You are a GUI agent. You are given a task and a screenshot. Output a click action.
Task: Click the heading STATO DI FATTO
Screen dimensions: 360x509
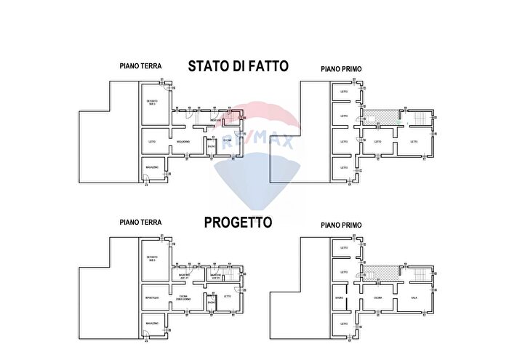[239, 66]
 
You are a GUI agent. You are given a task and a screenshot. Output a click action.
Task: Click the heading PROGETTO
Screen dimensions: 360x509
[238, 222]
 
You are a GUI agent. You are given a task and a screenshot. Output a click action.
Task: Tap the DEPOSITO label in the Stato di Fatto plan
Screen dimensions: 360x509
[152, 102]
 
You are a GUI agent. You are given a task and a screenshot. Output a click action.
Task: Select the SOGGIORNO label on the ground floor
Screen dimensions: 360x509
[183, 141]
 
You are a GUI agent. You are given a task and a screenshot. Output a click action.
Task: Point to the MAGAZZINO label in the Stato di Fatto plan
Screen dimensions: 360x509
[152, 167]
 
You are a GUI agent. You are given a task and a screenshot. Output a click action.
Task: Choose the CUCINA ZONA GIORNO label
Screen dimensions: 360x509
[183, 297]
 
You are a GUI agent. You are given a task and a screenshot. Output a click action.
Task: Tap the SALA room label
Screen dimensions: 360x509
[414, 297]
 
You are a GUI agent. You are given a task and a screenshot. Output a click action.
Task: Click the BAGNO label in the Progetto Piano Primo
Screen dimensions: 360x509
[340, 297]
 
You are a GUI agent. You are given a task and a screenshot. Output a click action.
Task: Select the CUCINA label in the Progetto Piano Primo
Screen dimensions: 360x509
[378, 297]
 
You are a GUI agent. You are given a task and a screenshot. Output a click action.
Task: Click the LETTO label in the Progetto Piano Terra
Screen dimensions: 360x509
[227, 297]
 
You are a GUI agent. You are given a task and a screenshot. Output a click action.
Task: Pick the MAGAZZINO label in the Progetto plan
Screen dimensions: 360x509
[152, 323]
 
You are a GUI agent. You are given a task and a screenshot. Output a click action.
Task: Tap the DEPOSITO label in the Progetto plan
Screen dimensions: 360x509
[152, 258]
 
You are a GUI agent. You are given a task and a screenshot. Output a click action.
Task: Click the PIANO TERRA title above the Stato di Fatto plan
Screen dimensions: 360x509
[140, 65]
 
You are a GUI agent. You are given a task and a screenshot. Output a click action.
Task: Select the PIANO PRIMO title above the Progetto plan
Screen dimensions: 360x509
[341, 225]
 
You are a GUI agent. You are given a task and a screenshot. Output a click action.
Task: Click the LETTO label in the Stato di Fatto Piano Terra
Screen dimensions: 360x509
[152, 141]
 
